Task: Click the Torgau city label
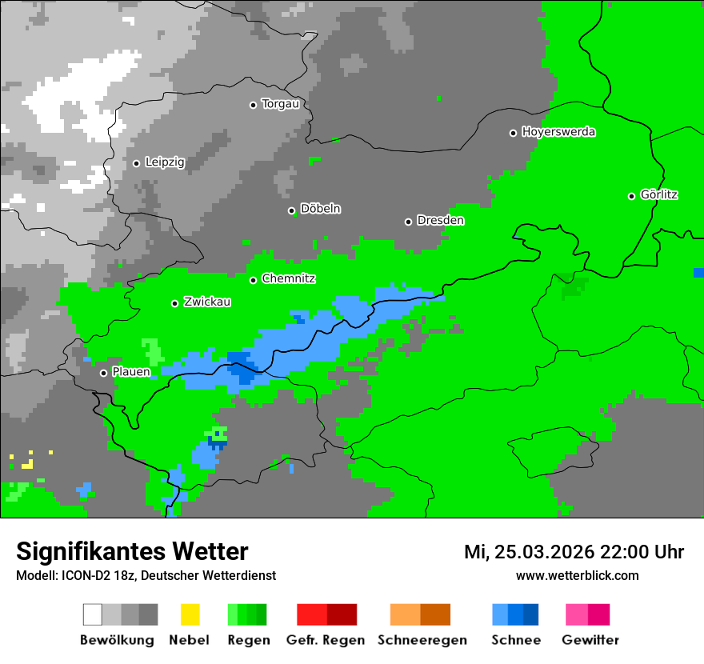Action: (281, 104)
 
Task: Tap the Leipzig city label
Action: (165, 162)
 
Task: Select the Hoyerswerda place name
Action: (558, 132)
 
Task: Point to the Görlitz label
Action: (659, 194)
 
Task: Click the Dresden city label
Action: (440, 220)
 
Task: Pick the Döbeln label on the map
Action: (320, 209)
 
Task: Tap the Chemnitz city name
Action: (289, 279)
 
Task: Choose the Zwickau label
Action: (207, 302)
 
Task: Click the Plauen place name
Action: (131, 372)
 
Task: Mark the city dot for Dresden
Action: (408, 222)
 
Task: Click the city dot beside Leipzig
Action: (136, 163)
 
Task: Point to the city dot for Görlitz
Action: (631, 196)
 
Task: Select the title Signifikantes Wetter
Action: (132, 551)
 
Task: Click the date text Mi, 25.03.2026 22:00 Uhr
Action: (574, 552)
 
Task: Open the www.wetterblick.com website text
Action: (577, 575)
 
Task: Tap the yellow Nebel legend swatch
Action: (190, 614)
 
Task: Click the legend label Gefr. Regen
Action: (326, 640)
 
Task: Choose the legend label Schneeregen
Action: (422, 640)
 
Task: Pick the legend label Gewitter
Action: (590, 640)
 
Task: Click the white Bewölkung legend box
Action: (93, 614)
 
